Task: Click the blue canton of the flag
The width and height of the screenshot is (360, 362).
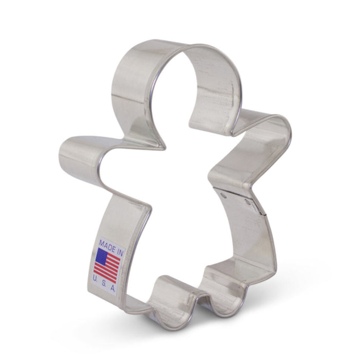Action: point(100,255)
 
